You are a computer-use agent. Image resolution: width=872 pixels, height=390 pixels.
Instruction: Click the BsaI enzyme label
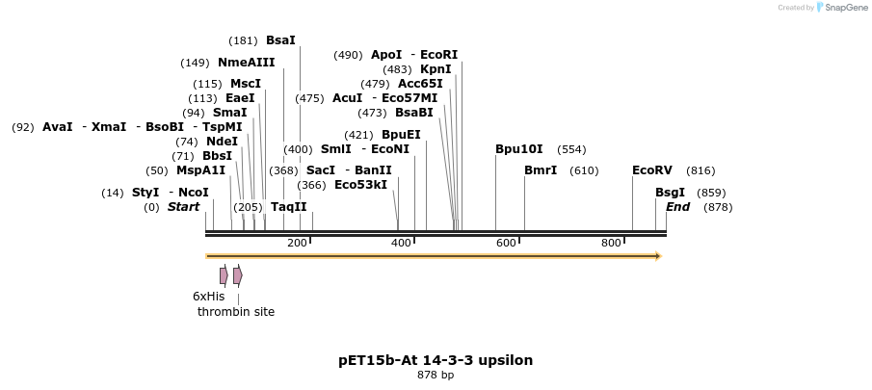click(280, 40)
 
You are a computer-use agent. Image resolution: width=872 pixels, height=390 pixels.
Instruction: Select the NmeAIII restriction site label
click(246, 63)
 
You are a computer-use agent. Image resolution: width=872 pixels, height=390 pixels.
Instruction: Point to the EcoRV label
click(652, 170)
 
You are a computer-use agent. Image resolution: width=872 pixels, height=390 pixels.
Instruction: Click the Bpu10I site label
click(519, 149)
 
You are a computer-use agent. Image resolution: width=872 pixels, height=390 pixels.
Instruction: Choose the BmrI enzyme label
click(541, 170)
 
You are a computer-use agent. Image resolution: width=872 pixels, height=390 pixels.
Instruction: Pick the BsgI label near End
click(670, 193)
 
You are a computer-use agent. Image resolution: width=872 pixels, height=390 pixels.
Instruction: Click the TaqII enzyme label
click(288, 207)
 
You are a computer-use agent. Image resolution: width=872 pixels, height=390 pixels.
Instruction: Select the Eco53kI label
click(360, 185)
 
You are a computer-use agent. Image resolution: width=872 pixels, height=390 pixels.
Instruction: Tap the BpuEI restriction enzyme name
click(401, 135)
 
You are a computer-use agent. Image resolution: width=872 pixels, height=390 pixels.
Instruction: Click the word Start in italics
click(183, 207)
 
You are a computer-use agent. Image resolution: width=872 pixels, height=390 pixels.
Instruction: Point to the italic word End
click(677, 207)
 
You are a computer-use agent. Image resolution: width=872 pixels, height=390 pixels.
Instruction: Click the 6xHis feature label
click(208, 297)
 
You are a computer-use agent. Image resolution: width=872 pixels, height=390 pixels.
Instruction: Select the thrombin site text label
click(236, 311)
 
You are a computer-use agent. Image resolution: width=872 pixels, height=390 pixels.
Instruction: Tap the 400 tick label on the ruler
click(402, 243)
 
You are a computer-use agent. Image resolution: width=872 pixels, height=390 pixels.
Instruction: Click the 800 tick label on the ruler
click(611, 243)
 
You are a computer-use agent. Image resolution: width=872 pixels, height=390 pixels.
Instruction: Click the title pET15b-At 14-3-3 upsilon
click(436, 360)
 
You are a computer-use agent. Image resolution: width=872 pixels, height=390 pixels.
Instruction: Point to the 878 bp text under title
click(436, 376)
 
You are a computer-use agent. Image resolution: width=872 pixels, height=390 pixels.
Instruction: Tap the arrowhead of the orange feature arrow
click(658, 256)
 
